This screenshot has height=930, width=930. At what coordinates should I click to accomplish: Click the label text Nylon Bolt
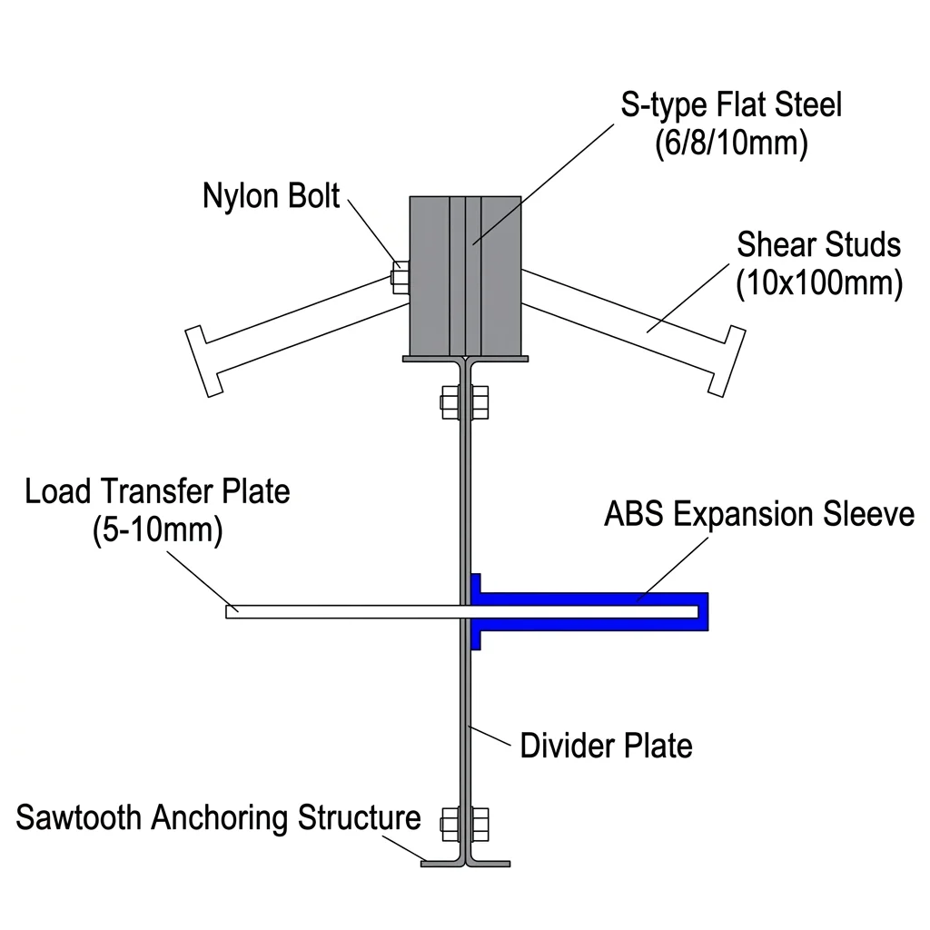(x=271, y=195)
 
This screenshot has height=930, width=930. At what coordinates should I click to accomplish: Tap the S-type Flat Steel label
(x=731, y=105)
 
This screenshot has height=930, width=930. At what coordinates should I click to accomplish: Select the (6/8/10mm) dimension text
(x=731, y=145)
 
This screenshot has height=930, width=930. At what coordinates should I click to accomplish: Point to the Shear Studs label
(x=818, y=245)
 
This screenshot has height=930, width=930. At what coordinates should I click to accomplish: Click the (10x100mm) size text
(x=818, y=283)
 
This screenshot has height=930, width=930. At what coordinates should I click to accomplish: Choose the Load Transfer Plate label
(x=157, y=491)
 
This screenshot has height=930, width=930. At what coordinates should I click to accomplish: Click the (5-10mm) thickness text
(x=157, y=531)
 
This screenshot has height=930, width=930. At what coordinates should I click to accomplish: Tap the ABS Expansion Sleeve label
(x=759, y=514)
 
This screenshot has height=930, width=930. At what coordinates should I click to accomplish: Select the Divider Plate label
(x=606, y=746)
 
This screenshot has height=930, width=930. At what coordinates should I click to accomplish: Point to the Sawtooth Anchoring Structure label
(x=218, y=818)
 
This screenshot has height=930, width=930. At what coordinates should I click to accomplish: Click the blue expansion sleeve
(x=590, y=599)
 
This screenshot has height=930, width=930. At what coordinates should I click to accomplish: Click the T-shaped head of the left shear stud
(x=203, y=360)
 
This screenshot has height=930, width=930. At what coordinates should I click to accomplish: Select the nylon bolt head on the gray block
(x=399, y=276)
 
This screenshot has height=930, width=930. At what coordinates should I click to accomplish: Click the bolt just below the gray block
(x=465, y=401)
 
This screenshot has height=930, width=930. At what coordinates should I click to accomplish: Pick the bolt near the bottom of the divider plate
(x=465, y=823)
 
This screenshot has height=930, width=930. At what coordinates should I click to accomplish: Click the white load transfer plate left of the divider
(x=345, y=611)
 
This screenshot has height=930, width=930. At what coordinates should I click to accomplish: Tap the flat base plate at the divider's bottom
(x=465, y=863)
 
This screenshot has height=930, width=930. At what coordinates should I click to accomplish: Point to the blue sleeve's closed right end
(x=703, y=611)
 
